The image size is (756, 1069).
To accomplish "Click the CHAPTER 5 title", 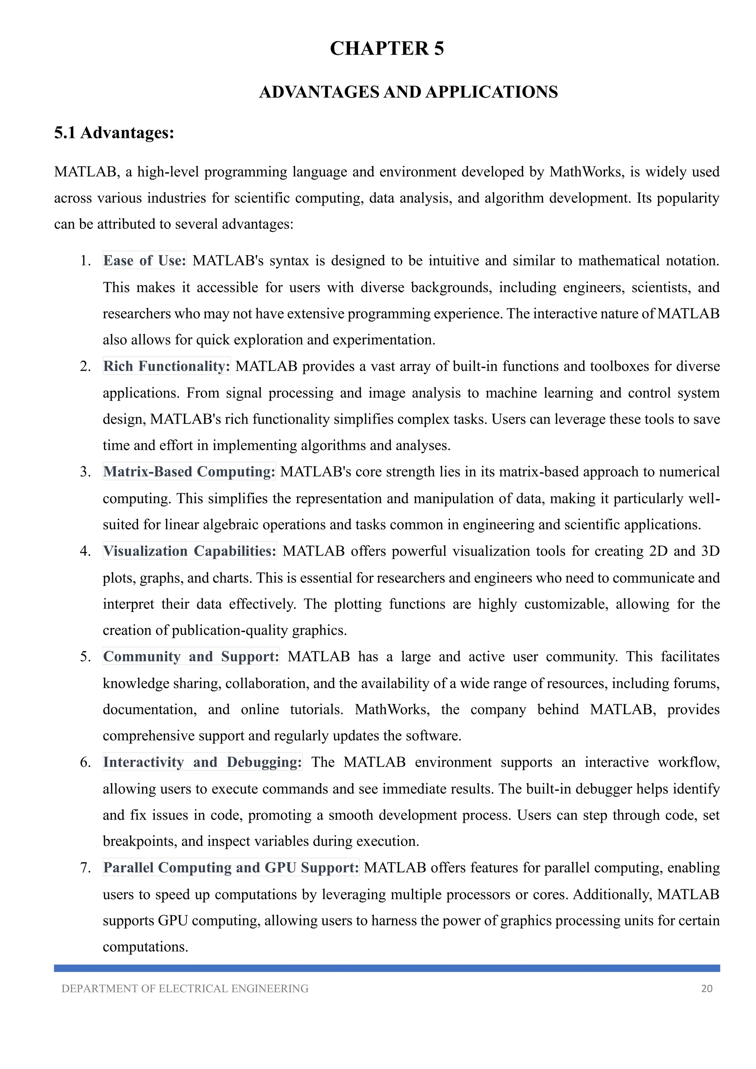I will click(386, 48).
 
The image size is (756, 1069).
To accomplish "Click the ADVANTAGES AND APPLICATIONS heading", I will click(408, 92).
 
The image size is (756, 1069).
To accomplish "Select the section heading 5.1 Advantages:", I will click(114, 133).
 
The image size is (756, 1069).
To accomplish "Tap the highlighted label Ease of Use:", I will click(144, 260).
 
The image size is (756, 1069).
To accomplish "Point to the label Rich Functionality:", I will click(166, 366).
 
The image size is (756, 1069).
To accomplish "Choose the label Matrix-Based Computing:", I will click(189, 472).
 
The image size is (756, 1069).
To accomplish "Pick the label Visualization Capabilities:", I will click(189, 551).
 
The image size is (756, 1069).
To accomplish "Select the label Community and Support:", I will click(191, 656).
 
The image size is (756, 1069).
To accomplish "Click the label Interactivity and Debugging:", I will click(202, 762).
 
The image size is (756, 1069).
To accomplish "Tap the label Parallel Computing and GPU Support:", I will click(231, 868).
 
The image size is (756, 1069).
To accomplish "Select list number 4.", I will click(85, 551).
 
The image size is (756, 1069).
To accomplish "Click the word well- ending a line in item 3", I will click(705, 499).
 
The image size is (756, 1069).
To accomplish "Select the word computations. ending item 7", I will click(145, 947).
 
